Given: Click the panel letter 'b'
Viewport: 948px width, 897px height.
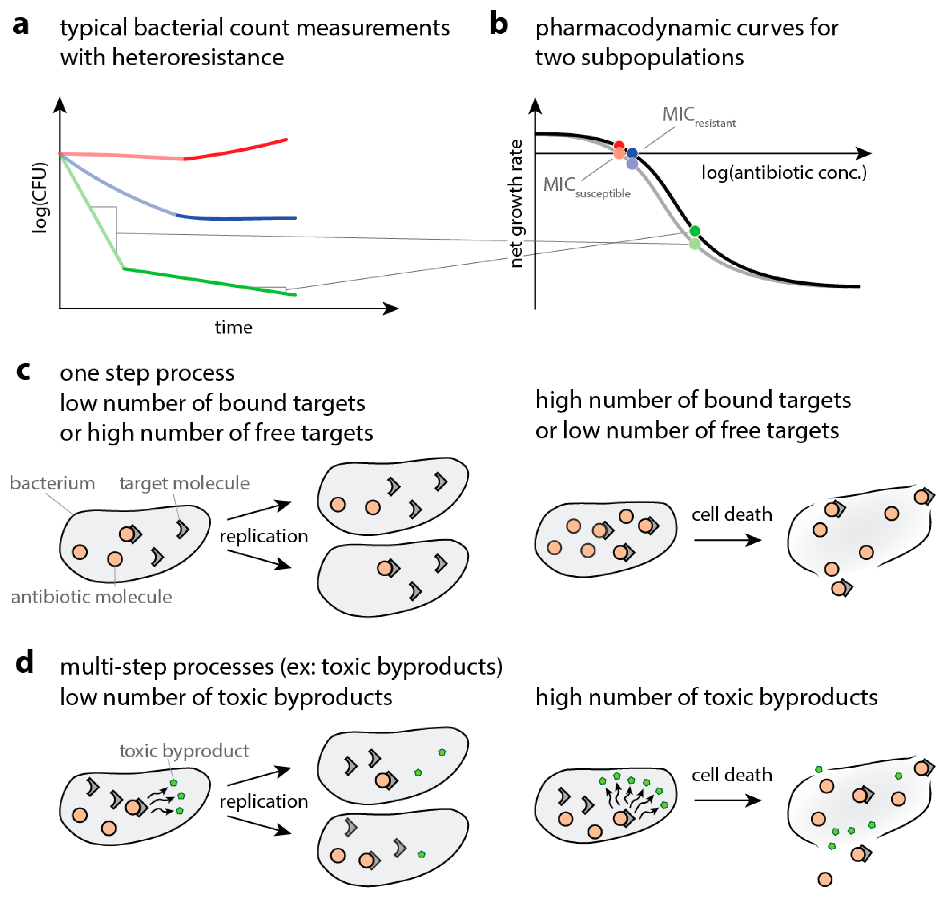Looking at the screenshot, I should pyautogui.click(x=499, y=25).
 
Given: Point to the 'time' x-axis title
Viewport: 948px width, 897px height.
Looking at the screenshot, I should pyautogui.click(x=233, y=327).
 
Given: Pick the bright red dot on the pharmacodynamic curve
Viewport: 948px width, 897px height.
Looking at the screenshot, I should pyautogui.click(x=619, y=146).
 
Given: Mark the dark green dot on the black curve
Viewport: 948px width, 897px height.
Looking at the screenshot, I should pyautogui.click(x=695, y=231).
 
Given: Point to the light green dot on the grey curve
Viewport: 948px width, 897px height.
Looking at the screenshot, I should pyautogui.click(x=695, y=244).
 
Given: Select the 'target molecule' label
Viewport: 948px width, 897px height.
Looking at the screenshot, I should pyautogui.click(x=184, y=483).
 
